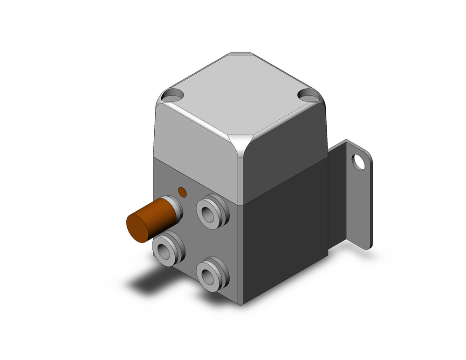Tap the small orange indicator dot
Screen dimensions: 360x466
[x=182, y=192]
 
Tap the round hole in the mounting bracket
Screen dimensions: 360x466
[x=359, y=162]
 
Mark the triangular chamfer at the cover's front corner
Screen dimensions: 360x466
[x=242, y=143]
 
